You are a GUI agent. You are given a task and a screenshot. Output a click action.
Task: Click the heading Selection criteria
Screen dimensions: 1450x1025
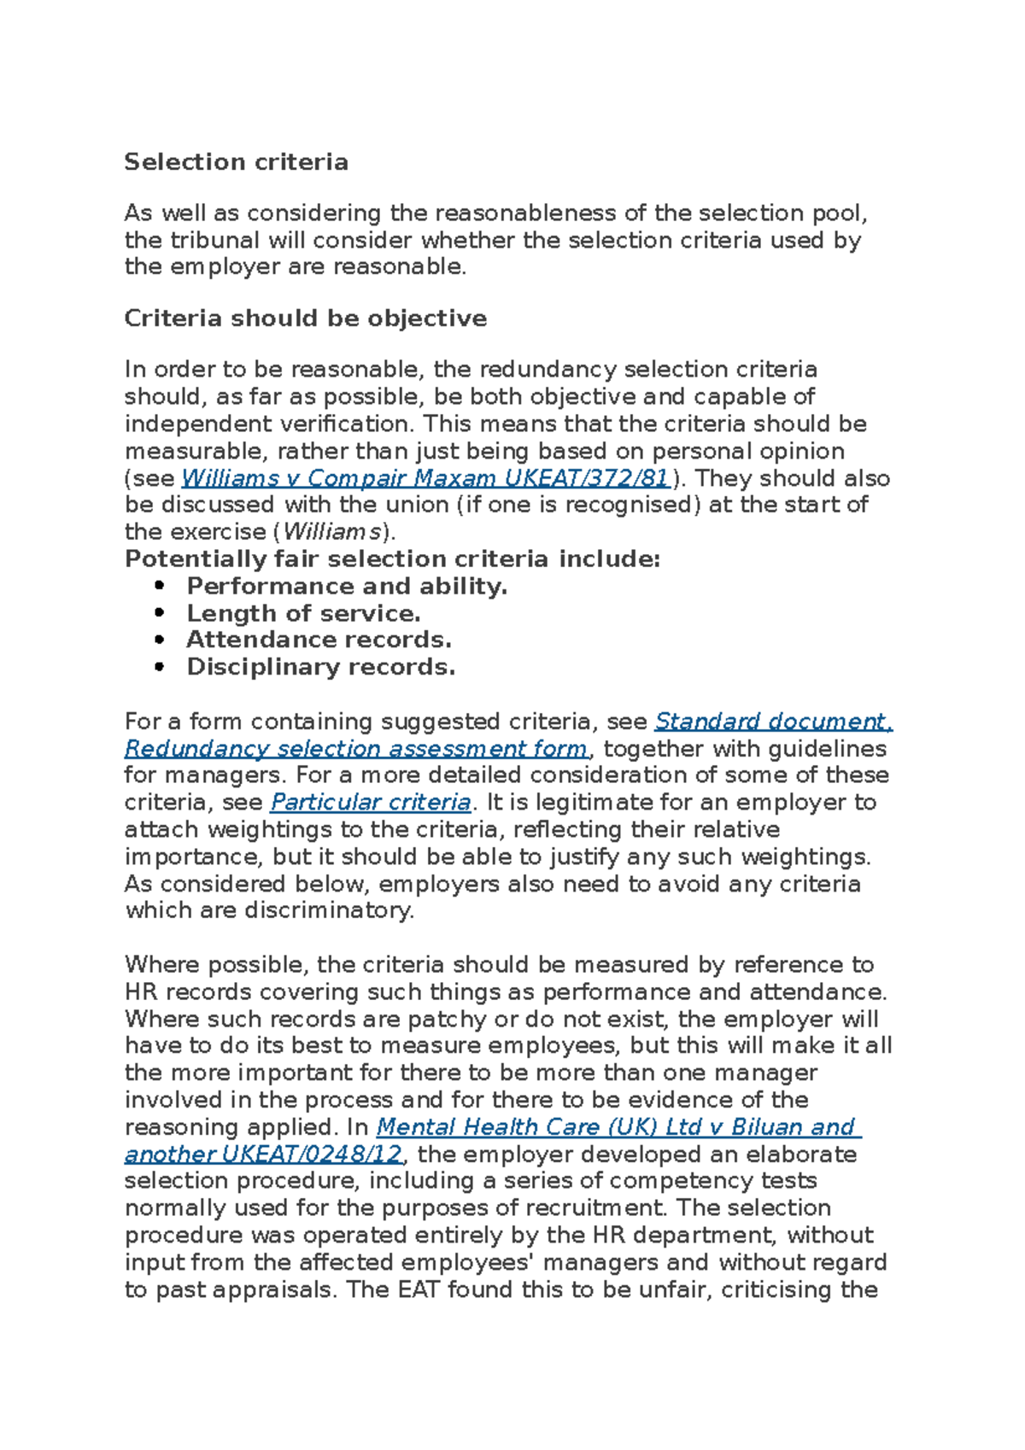236,162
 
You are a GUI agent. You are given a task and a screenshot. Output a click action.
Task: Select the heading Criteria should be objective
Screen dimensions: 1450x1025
305,319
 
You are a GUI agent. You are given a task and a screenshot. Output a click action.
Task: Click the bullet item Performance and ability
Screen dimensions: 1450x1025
347,587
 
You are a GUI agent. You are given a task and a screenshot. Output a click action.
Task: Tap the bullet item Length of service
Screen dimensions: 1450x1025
303,614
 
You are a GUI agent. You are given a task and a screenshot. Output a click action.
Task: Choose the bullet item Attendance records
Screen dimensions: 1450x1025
319,640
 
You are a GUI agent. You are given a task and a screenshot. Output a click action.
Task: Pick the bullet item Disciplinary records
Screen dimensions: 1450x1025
320,668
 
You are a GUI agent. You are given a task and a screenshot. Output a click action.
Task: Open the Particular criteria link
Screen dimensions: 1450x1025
371,803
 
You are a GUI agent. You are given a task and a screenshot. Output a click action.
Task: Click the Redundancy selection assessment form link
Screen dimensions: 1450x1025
356,749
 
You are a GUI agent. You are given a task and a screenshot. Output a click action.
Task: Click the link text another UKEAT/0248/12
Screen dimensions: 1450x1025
263,1155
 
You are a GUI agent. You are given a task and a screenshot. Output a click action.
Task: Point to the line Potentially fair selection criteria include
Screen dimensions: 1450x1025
392,559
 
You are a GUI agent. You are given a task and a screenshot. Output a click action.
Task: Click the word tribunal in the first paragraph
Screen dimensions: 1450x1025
219,241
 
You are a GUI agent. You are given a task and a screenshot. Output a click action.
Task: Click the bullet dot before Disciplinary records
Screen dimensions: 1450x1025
159,668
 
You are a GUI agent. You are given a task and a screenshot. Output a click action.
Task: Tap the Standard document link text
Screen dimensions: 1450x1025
772,722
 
